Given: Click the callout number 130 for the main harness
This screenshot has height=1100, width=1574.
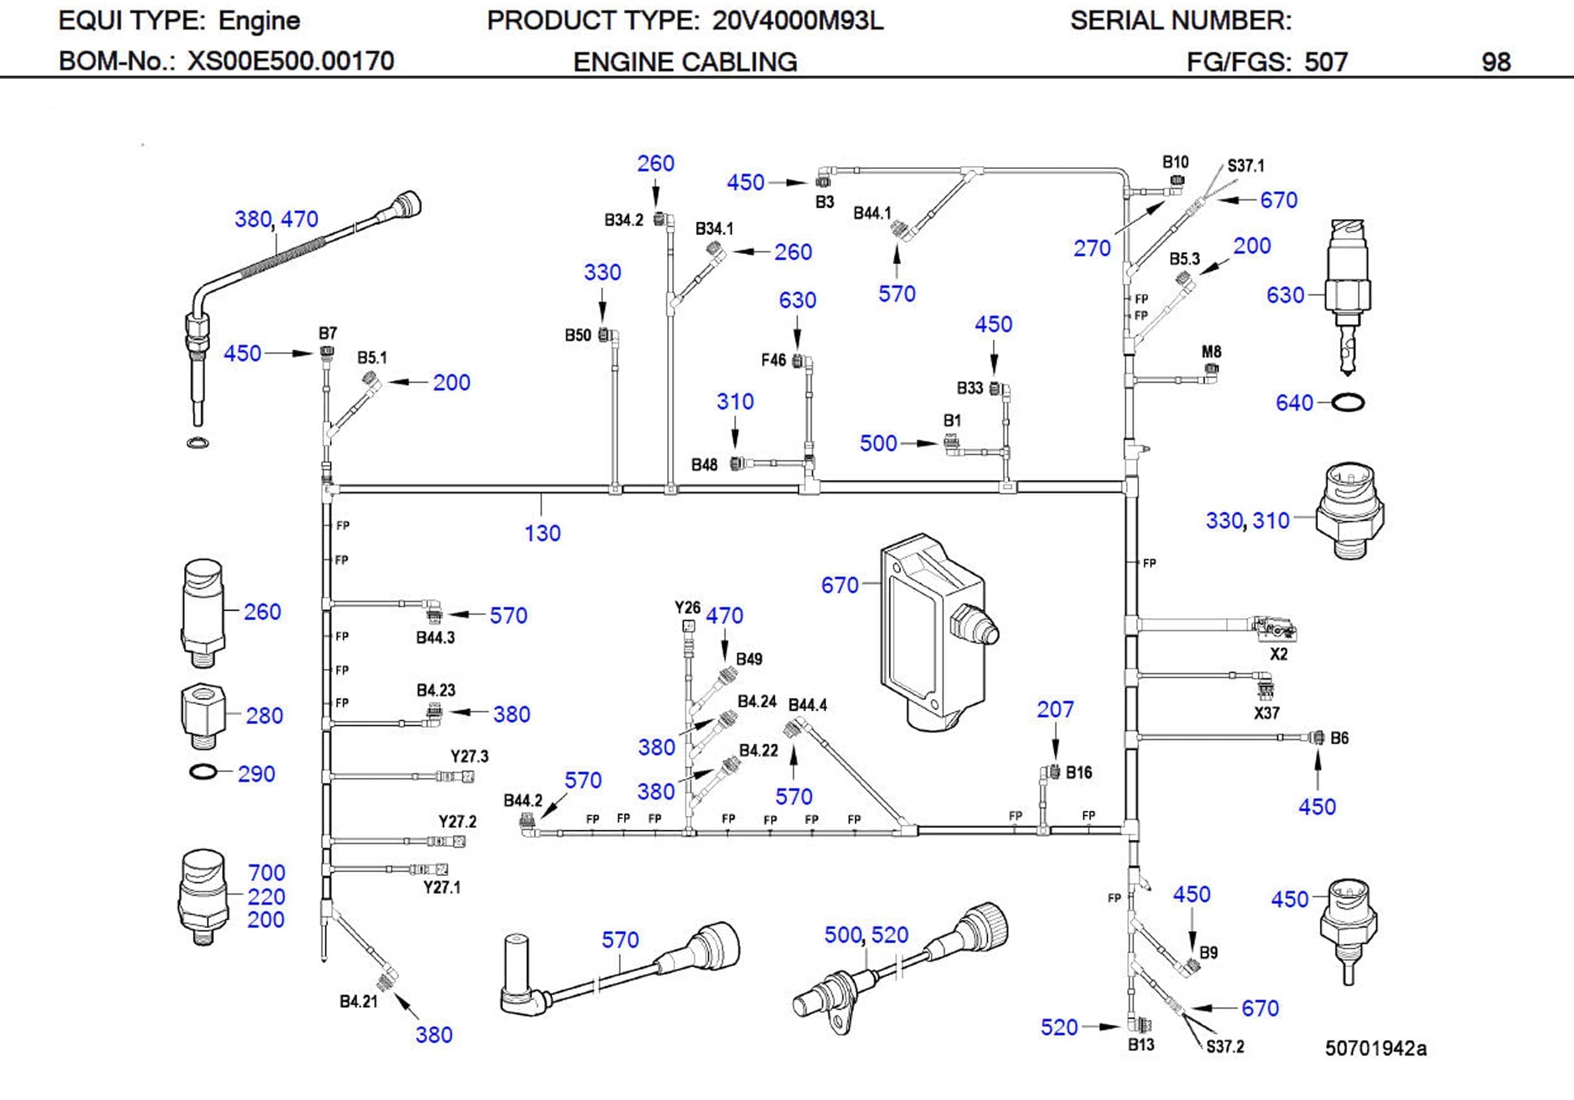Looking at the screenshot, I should coord(542,533).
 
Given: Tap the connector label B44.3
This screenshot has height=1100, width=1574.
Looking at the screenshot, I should coord(435,638).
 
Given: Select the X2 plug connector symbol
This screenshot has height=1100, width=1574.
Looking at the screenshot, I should coord(1274,628).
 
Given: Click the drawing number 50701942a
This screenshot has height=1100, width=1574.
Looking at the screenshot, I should coord(1375,1049).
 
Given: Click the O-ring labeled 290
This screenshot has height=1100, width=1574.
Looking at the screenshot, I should coord(203,772).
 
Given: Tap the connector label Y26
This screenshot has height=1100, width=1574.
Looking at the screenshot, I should coord(687,608).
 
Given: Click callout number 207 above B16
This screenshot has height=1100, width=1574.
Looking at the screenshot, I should coord(1054,709).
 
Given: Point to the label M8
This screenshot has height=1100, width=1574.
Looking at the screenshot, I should coord(1211,352).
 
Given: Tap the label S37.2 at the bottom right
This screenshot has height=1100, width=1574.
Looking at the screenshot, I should coord(1224,1046).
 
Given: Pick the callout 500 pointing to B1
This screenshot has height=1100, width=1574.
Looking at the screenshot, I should coord(878,443).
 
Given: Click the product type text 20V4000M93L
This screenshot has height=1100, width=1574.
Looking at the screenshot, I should coord(798,21).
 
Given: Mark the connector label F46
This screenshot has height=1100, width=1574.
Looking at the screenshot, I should coord(773,360).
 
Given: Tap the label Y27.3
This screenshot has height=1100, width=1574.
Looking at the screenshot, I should coord(469,757).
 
